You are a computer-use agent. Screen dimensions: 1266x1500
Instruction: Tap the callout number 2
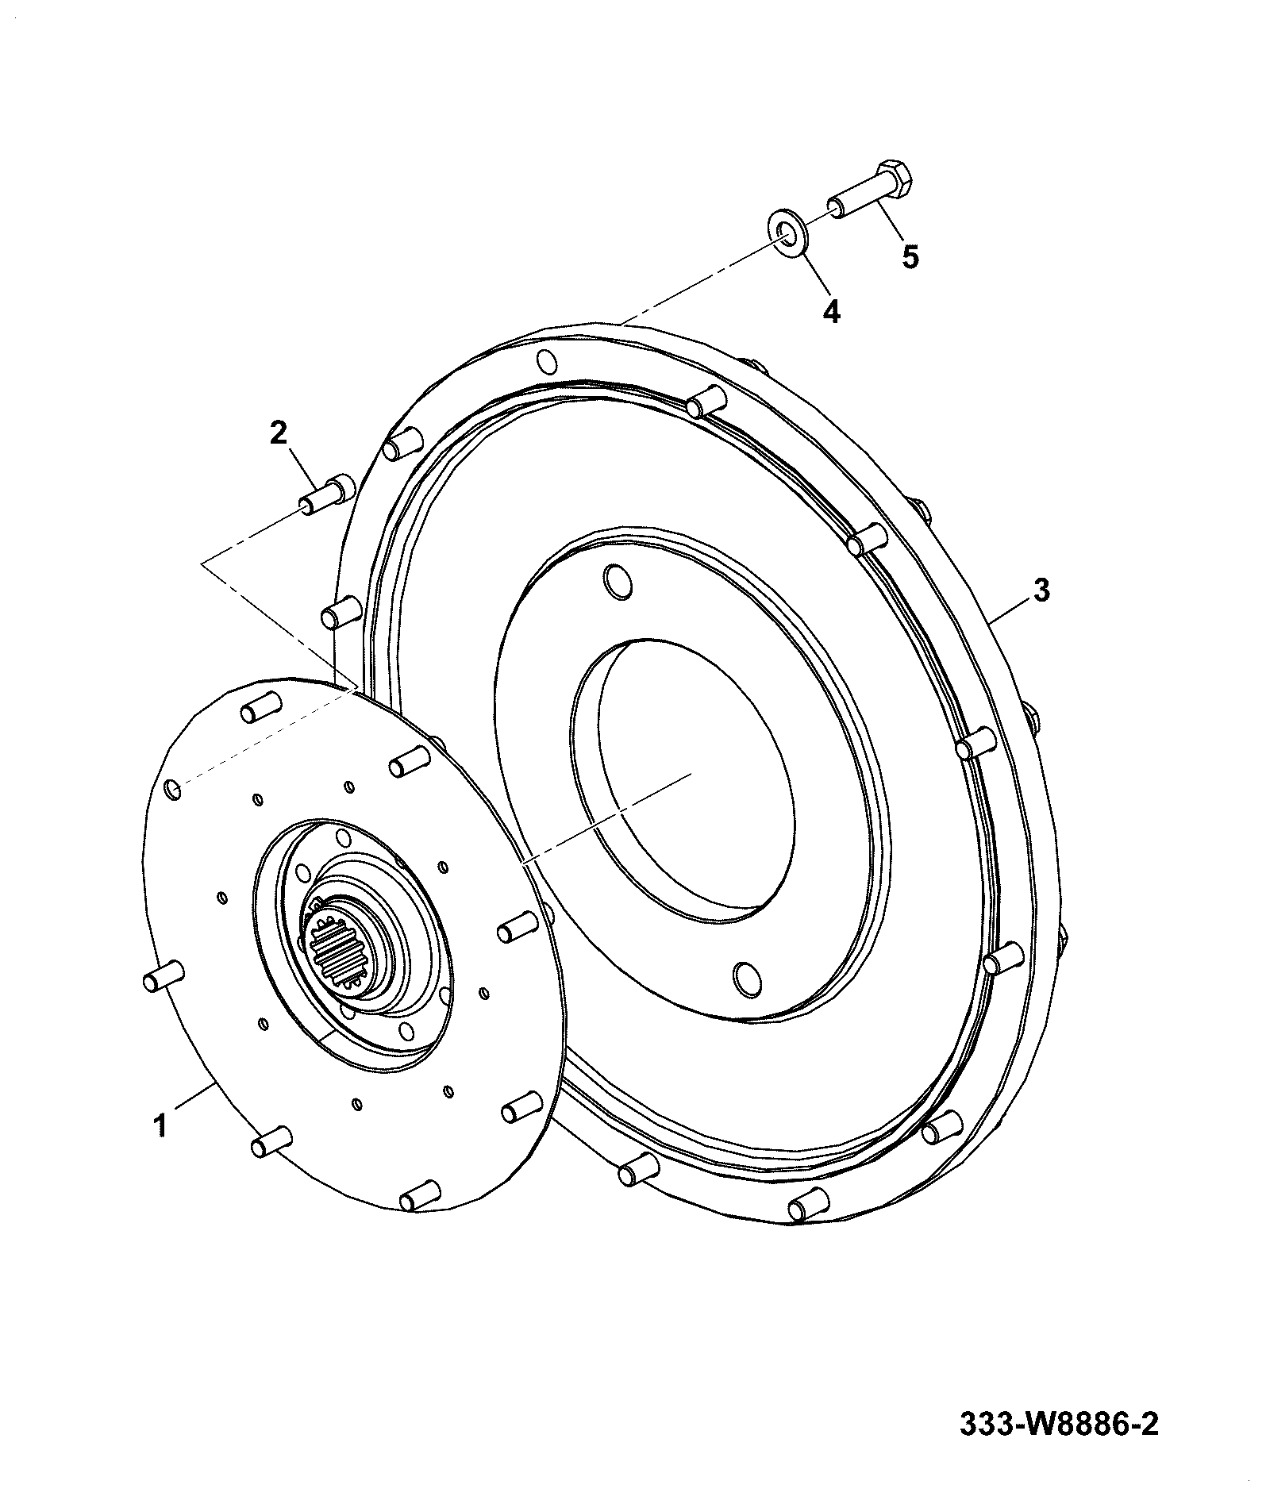pos(278,433)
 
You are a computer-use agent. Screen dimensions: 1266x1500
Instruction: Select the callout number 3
pos(1041,590)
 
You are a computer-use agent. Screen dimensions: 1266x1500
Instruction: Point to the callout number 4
pos(830,310)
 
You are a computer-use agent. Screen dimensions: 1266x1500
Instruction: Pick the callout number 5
pos(910,256)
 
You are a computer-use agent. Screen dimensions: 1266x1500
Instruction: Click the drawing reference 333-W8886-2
pos(1060,1424)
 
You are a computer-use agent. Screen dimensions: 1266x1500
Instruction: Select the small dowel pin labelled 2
pos(325,495)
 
